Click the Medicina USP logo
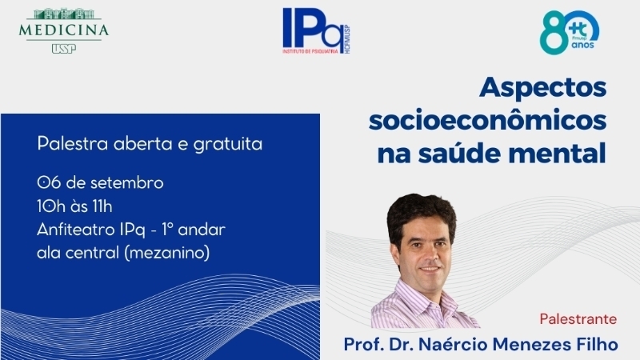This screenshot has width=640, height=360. coord(64,30)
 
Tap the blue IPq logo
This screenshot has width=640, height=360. coord(317,31)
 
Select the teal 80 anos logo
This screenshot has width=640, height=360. coord(570,32)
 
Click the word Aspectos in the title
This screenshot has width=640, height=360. coord(543,88)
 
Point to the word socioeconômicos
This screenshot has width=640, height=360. coord(488,121)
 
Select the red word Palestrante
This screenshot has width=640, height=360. coord(578,318)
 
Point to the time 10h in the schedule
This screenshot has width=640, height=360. coord(51,206)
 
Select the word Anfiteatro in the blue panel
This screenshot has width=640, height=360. coord(75,230)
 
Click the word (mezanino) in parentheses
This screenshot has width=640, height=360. coord(167,253)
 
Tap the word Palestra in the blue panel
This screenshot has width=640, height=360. coord(73,144)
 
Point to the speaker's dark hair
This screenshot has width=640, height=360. coord(421,214)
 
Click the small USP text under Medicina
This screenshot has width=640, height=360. coord(64,49)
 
